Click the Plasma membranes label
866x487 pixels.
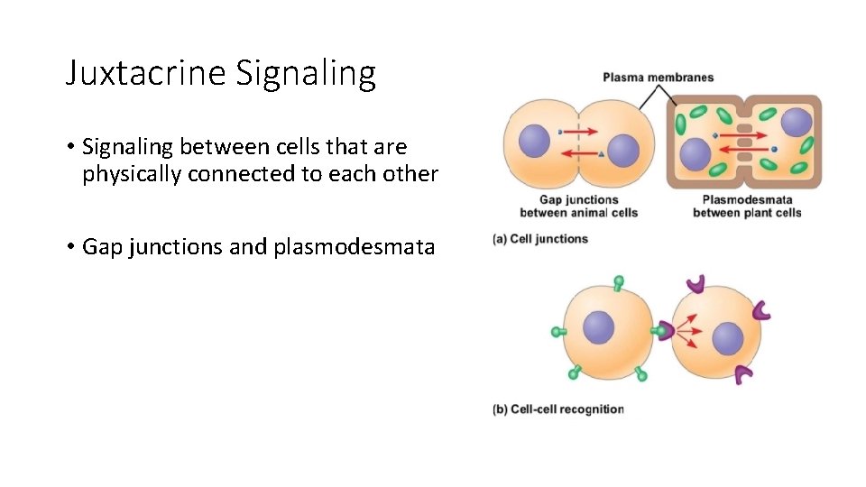coord(658,77)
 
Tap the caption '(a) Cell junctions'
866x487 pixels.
coord(540,239)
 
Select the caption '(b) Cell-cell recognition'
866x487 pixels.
coord(557,409)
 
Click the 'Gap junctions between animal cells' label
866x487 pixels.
coord(578,207)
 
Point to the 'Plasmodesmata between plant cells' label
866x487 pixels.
coord(747,207)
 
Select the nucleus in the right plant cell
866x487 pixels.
coord(797,123)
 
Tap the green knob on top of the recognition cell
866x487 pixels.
coord(618,283)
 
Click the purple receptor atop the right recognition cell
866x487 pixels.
coord(695,285)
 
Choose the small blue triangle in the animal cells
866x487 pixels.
coord(601,155)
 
